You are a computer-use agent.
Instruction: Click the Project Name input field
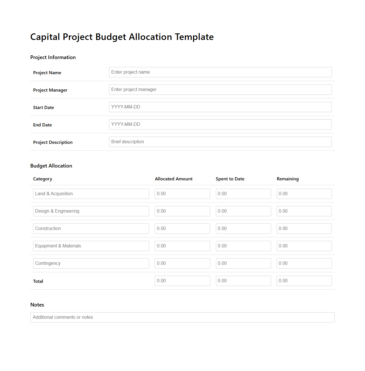point(220,72)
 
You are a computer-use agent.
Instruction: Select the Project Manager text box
point(220,90)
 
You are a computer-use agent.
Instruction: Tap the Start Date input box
point(220,107)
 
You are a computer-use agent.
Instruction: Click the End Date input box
point(220,124)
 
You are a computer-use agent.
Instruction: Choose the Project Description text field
point(220,142)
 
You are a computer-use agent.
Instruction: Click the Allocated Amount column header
point(174,179)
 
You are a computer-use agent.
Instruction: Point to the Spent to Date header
point(230,179)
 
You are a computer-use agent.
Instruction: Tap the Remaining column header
point(288,179)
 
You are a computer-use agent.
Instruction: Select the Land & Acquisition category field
point(91,194)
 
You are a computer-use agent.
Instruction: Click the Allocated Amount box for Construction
point(182,229)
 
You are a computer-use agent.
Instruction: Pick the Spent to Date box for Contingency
point(243,263)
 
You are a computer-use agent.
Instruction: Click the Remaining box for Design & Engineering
point(304,211)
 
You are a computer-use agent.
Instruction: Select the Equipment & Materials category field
point(91,246)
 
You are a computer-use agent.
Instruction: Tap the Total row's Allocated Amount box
point(182,281)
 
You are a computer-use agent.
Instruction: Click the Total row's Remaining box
point(304,281)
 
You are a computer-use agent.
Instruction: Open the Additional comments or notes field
point(182,317)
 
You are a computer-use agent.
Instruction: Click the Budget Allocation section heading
point(51,166)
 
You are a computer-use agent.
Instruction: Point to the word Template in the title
point(194,37)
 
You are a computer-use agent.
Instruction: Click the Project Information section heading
point(53,57)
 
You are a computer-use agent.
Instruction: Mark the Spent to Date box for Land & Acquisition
point(243,194)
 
